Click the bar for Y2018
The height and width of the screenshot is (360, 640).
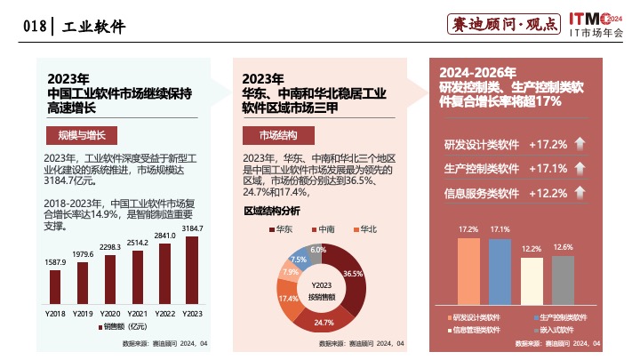pyautogui.click(x=55, y=287)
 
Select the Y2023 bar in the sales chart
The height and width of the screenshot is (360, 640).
pyautogui.click(x=192, y=270)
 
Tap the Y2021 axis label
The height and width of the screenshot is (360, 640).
pyautogui.click(x=137, y=314)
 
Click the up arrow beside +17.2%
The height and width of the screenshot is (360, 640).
pyautogui.click(x=580, y=145)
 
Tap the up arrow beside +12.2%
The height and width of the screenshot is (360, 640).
pyautogui.click(x=580, y=193)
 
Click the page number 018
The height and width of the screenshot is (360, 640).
pyautogui.click(x=34, y=27)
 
